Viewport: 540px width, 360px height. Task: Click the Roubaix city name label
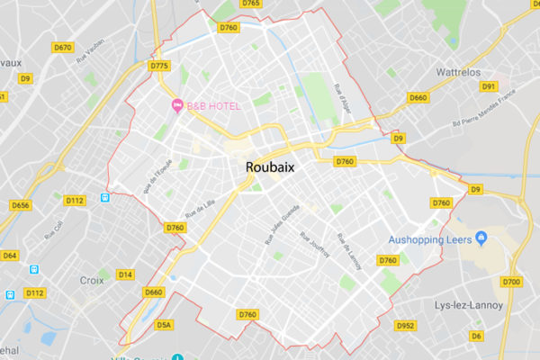click(275, 167)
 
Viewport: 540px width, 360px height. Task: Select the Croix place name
click(91, 280)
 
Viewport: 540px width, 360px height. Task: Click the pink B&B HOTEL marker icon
click(177, 106)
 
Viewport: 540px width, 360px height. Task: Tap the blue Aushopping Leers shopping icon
click(481, 238)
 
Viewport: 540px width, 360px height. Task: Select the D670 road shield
click(63, 47)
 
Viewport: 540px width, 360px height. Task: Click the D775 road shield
click(159, 66)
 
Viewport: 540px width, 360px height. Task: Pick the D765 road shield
click(251, 4)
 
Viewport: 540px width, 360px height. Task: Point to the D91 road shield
click(489, 86)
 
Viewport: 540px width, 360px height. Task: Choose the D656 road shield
click(20, 206)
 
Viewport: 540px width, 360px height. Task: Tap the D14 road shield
click(125, 274)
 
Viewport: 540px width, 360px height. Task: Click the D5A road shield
click(163, 324)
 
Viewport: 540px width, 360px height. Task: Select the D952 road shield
click(406, 326)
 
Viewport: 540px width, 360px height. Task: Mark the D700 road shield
click(511, 283)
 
